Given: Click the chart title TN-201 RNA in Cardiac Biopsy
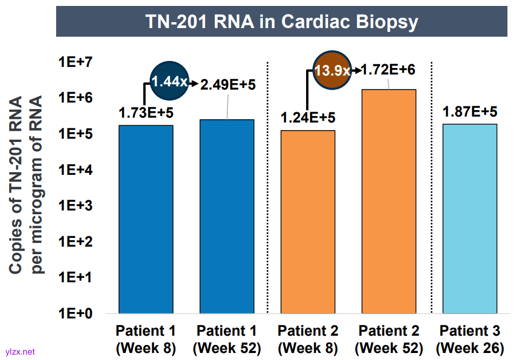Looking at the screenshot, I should click(x=281, y=22).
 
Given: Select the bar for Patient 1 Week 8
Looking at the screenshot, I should click(x=146, y=219).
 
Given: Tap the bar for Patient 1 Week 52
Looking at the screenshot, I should click(x=227, y=216).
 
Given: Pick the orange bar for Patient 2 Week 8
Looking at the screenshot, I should click(x=308, y=221).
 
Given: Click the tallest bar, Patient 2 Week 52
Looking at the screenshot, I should click(x=389, y=201).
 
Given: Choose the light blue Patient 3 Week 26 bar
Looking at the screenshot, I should click(x=470, y=219).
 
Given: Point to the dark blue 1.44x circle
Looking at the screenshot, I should click(x=169, y=81).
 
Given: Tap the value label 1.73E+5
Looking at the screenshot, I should click(x=145, y=113).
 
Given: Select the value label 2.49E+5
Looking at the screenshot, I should click(x=228, y=85).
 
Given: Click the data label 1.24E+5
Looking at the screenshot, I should click(x=308, y=118).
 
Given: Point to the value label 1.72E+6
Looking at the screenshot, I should click(x=388, y=70).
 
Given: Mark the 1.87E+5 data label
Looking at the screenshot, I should click(x=470, y=112).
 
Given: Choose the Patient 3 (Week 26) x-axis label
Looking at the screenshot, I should click(x=470, y=339).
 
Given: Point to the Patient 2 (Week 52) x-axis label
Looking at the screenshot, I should click(x=389, y=339).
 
